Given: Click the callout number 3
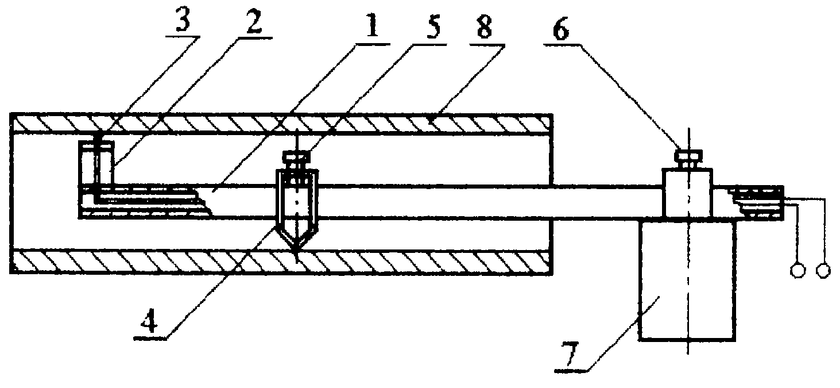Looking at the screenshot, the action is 183,21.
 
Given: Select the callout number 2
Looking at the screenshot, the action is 254,21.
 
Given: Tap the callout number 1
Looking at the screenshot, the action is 373,25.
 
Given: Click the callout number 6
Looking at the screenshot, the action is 561,28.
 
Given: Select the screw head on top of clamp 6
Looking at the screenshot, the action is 688,155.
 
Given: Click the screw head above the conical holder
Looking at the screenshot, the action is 297,156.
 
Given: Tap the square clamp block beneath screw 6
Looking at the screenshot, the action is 687,193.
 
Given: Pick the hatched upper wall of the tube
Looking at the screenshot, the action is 281,124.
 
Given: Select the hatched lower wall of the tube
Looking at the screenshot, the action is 281,261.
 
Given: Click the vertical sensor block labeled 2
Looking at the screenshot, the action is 96,162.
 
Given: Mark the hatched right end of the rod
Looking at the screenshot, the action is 756,202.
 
